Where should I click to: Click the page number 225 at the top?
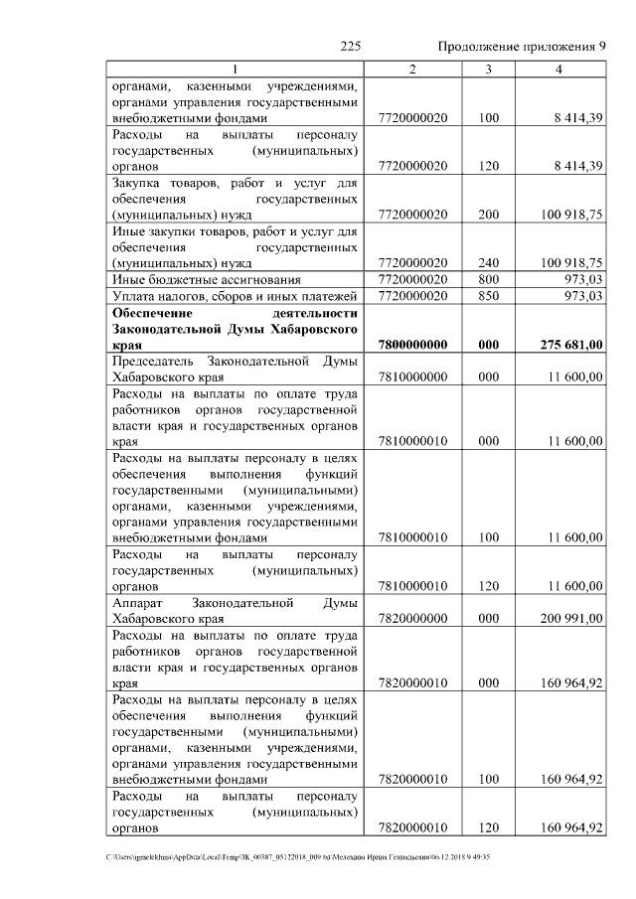coord(349,46)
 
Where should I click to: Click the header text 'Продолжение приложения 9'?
coord(522,46)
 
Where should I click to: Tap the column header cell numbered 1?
coord(236,69)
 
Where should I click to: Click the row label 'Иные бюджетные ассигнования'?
coord(195,280)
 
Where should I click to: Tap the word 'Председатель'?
coord(153,361)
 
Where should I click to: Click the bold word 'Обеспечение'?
coord(156,313)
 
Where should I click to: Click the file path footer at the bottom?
coord(298,856)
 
